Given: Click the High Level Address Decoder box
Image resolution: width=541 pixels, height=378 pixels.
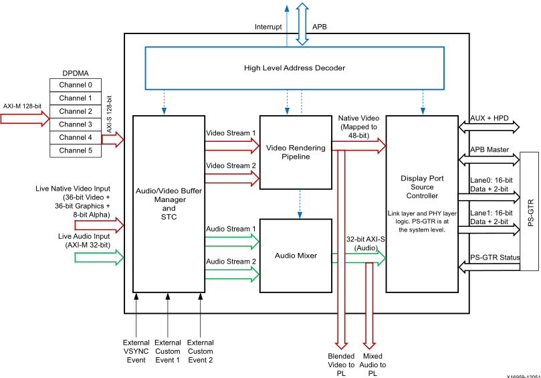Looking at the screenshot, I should (294, 68).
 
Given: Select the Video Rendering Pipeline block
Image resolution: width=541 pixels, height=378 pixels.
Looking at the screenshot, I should (296, 152).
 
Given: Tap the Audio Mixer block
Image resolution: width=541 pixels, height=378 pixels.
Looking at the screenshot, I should (296, 255).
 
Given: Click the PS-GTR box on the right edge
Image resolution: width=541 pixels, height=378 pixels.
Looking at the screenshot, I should (529, 211).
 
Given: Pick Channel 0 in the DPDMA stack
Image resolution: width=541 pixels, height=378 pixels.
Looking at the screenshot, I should (76, 85).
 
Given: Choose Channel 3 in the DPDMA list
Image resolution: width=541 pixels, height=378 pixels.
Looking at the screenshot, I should (76, 124).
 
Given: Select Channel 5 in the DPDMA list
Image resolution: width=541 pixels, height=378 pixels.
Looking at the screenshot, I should (76, 151).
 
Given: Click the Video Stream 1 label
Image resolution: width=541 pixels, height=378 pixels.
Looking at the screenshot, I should (231, 132).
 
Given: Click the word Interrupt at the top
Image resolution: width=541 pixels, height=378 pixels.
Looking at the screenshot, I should (268, 27).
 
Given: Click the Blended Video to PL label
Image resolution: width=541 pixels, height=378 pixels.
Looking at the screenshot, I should (341, 365).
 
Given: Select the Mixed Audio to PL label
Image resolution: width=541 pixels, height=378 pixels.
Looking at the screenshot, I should (373, 365).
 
